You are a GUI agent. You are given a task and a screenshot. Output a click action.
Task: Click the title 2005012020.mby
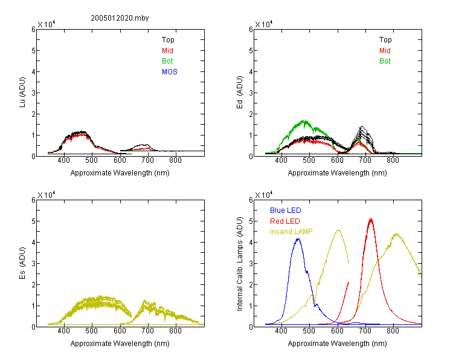point(120,18)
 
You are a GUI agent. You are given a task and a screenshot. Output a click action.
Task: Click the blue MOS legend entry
point(169,72)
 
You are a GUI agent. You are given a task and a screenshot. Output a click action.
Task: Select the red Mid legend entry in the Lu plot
point(167,51)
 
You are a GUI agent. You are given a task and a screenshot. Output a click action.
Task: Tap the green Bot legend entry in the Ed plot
point(385,61)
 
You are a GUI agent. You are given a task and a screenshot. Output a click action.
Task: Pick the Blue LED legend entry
point(286,211)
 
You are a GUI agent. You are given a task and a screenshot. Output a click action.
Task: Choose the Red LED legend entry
point(285,221)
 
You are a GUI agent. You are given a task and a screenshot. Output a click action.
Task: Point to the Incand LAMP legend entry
point(291,232)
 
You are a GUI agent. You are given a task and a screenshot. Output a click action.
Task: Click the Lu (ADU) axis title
point(22,93)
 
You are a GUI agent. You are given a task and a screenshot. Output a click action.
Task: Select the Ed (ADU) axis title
point(240,93)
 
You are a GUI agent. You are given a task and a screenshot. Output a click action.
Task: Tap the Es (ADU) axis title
point(22,263)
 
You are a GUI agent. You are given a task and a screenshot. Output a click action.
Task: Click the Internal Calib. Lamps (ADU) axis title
point(240,263)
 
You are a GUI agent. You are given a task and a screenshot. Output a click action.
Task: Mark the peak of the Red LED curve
point(371,218)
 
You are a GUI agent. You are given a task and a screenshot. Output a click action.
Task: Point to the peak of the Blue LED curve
point(298,239)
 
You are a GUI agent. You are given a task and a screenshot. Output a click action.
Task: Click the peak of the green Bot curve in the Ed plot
point(304,120)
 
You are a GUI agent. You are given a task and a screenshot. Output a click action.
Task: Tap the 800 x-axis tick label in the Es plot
point(175,331)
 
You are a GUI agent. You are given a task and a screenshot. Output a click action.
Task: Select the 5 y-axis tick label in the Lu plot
point(33,51)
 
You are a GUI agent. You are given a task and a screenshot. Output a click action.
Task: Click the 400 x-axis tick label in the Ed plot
point(281,160)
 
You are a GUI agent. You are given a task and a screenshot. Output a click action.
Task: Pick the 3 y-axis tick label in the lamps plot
point(251,263)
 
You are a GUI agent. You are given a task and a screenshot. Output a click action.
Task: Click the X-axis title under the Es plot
point(120,344)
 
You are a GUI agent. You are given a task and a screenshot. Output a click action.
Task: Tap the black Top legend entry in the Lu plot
point(168,40)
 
